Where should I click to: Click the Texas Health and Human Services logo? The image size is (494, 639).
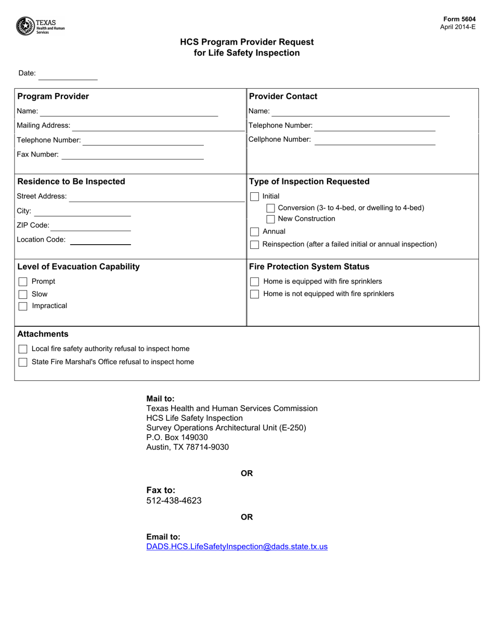pos(40,26)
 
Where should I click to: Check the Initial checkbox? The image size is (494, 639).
pos(255,197)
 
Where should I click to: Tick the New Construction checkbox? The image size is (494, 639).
pos(270,219)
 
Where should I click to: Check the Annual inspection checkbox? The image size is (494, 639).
pos(255,232)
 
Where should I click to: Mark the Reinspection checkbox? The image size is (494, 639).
pos(255,245)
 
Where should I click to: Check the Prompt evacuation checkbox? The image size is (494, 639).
pos(23,282)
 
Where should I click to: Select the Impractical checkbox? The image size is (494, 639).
pos(23,307)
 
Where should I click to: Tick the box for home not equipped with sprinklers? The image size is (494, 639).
pos(255,295)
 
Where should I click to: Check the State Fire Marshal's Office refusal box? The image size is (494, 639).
pos(23,362)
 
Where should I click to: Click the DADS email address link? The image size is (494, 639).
pos(237,547)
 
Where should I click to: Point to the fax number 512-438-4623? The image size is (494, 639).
pos(174,501)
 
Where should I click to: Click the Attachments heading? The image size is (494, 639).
pos(43,334)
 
